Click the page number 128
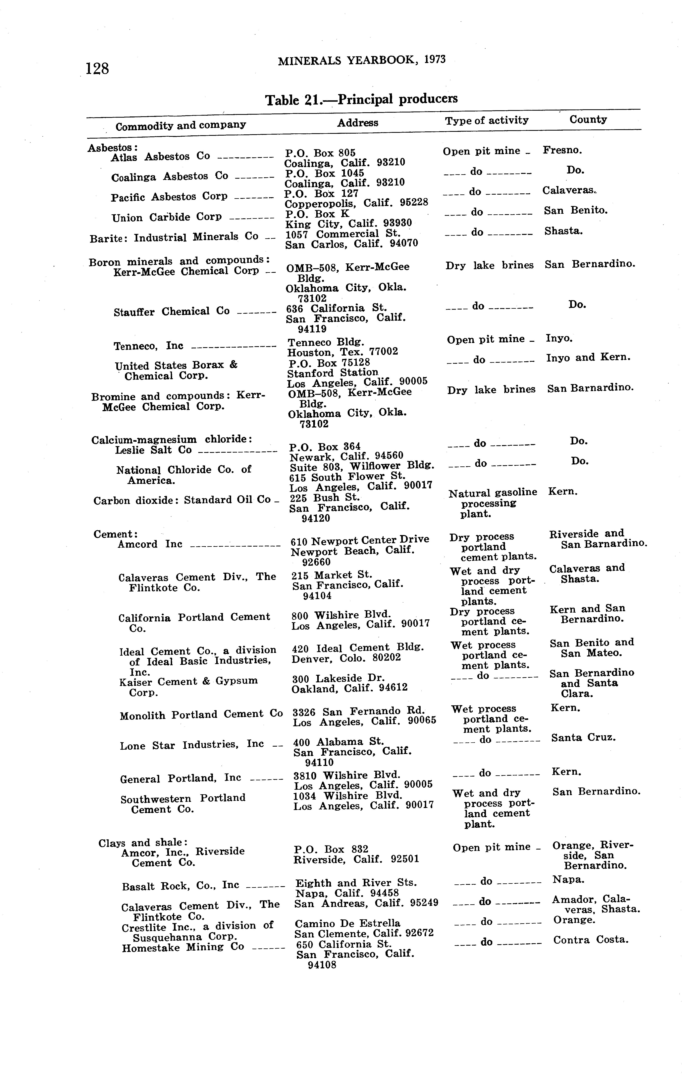point(97,69)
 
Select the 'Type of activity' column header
point(487,120)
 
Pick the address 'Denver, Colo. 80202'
point(346,658)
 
